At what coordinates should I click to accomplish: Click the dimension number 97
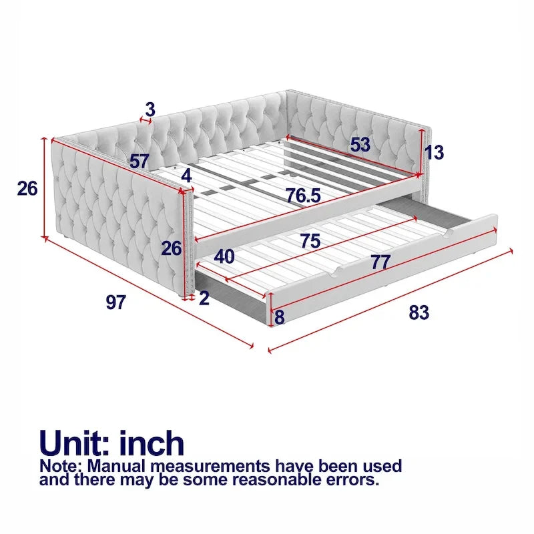pyautogui.click(x=115, y=302)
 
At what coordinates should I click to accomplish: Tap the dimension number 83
pyautogui.click(x=419, y=312)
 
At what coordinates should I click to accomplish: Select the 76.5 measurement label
pyautogui.click(x=303, y=196)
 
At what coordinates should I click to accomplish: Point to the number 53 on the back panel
pyautogui.click(x=360, y=145)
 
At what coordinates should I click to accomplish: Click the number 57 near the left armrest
pyautogui.click(x=140, y=162)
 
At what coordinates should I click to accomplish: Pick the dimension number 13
pyautogui.click(x=434, y=152)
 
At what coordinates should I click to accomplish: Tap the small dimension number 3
pyautogui.click(x=150, y=109)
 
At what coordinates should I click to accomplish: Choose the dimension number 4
pyautogui.click(x=186, y=176)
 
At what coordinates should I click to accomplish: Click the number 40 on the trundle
pyautogui.click(x=224, y=257)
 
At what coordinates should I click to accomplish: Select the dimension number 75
pyautogui.click(x=310, y=241)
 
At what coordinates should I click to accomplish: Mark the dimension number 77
pyautogui.click(x=380, y=262)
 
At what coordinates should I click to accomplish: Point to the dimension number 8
pyautogui.click(x=279, y=317)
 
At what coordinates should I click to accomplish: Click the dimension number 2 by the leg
pyautogui.click(x=204, y=298)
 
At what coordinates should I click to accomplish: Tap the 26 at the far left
pyautogui.click(x=27, y=188)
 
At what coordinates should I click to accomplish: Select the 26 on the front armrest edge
pyautogui.click(x=172, y=248)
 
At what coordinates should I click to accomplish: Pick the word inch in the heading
pyautogui.click(x=152, y=443)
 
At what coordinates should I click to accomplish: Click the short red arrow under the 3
pyautogui.click(x=146, y=120)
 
